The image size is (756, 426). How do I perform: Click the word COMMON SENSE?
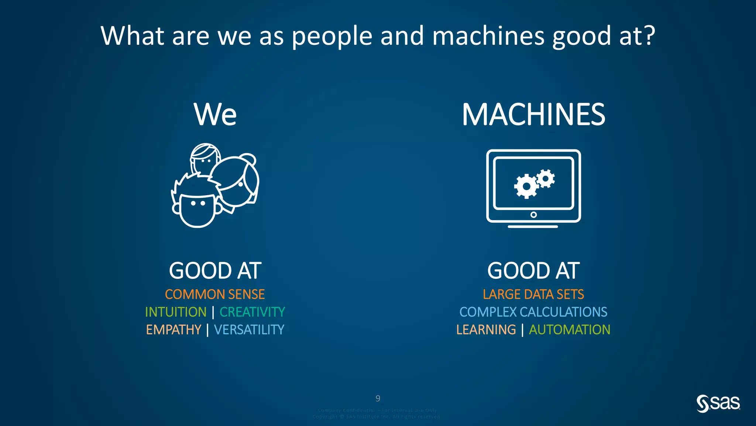pyautogui.click(x=215, y=294)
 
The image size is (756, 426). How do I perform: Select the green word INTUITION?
pyautogui.click(x=176, y=312)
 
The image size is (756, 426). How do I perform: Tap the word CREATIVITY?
pyautogui.click(x=252, y=312)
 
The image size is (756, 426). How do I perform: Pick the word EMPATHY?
pyautogui.click(x=173, y=329)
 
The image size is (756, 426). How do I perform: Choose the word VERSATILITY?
pyautogui.click(x=249, y=329)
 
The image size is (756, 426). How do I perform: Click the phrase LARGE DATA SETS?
pyautogui.click(x=533, y=294)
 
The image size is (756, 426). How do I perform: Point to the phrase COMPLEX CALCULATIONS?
pyautogui.click(x=533, y=312)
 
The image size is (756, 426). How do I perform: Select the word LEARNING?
pyautogui.click(x=486, y=329)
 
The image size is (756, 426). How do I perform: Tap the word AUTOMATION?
pyautogui.click(x=570, y=329)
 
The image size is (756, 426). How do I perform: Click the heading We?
pyautogui.click(x=215, y=115)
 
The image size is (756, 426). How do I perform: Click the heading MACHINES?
pyautogui.click(x=533, y=115)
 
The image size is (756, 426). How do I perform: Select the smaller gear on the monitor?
pyautogui.click(x=545, y=179)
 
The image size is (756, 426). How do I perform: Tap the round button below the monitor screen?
pyautogui.click(x=533, y=215)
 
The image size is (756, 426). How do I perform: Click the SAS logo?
pyautogui.click(x=718, y=403)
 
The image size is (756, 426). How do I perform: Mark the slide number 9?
pyautogui.click(x=378, y=399)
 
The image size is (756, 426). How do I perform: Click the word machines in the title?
pyautogui.click(x=488, y=36)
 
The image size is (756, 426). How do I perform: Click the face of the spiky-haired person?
pyautogui.click(x=197, y=209)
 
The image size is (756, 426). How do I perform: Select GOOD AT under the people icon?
pyautogui.click(x=215, y=271)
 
